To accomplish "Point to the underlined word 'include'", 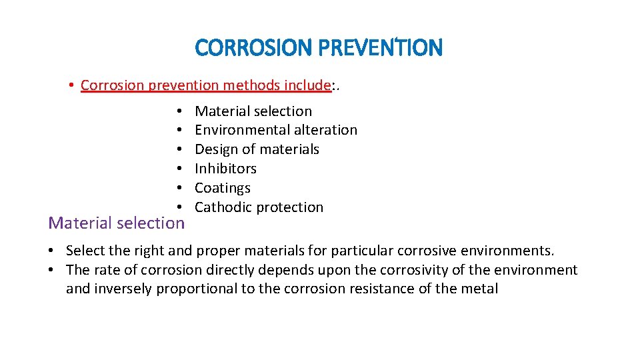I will pyautogui.click(x=307, y=85).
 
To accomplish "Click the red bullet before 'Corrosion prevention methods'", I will pyautogui.click(x=71, y=86).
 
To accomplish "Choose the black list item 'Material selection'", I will pyautogui.click(x=253, y=111).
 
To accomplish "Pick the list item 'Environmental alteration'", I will pyautogui.click(x=276, y=130).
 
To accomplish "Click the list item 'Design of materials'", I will pyautogui.click(x=257, y=149).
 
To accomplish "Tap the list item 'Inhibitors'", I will pyautogui.click(x=225, y=169).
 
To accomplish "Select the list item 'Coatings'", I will pyautogui.click(x=223, y=188).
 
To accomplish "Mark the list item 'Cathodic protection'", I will pyautogui.click(x=259, y=207).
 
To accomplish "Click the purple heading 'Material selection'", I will pyautogui.click(x=116, y=223).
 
